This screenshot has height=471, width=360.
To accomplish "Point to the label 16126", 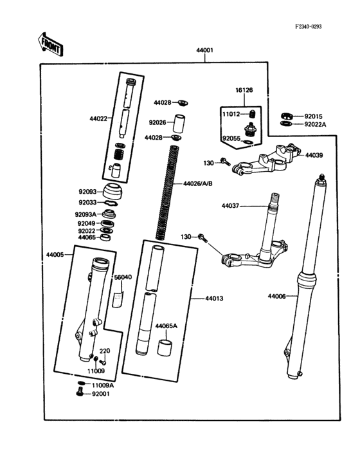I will click(x=244, y=91).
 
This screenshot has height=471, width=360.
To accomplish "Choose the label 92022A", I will click(x=315, y=124).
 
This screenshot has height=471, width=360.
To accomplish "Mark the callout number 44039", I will click(x=314, y=155).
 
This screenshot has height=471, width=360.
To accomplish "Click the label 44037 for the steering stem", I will click(x=230, y=206).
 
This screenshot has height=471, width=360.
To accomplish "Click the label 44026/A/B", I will click(x=198, y=183).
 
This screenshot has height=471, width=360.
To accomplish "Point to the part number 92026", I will click(x=157, y=122).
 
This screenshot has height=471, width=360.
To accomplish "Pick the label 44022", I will click(x=98, y=119).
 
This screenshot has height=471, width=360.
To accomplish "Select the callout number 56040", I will click(x=123, y=277).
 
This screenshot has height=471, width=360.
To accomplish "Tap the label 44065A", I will click(x=166, y=326).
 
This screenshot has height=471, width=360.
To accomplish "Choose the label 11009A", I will click(x=102, y=385).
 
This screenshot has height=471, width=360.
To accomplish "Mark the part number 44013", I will click(x=214, y=299).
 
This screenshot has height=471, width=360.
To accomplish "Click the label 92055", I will click(x=231, y=138).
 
